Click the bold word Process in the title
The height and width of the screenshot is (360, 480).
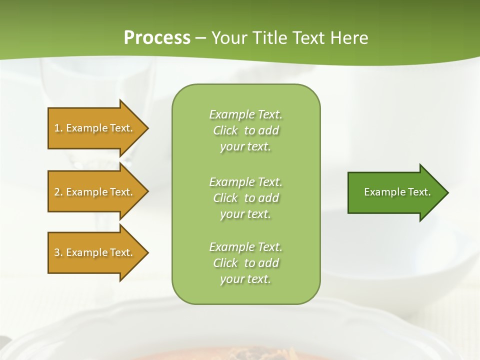pyautogui.click(x=157, y=38)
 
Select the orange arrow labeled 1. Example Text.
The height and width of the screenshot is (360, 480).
pyautogui.click(x=95, y=128)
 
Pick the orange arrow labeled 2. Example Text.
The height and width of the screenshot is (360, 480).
pyautogui.click(x=95, y=192)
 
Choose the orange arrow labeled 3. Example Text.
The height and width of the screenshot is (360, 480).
pyautogui.click(x=95, y=252)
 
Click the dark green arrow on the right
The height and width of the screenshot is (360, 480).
pyautogui.click(x=395, y=192)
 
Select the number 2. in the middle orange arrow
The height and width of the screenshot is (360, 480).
pyautogui.click(x=58, y=192)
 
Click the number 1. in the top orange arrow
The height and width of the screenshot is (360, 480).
pyautogui.click(x=58, y=128)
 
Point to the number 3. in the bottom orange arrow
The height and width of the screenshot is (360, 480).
pyautogui.click(x=58, y=252)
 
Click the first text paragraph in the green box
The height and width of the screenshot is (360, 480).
pyautogui.click(x=245, y=130)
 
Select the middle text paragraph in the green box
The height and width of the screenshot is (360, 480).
pyautogui.click(x=245, y=198)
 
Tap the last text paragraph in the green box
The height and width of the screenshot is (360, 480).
pyautogui.click(x=245, y=263)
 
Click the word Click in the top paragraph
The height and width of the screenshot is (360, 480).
pyautogui.click(x=225, y=130)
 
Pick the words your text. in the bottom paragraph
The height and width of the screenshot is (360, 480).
pyautogui.click(x=245, y=279)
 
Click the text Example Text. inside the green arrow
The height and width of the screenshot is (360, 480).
pyautogui.click(x=397, y=192)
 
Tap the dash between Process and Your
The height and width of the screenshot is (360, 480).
pyautogui.click(x=201, y=38)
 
